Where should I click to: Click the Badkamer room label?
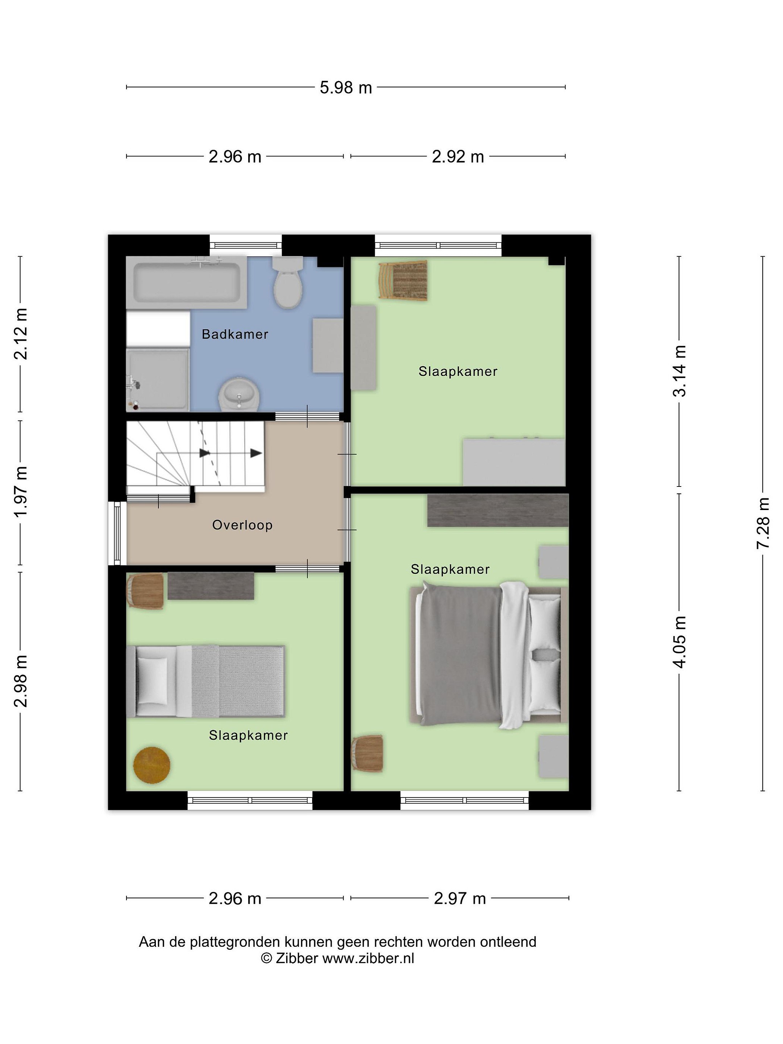[x=235, y=334]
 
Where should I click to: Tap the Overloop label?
[x=242, y=525]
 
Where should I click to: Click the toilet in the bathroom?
[x=288, y=282]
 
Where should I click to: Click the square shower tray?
[x=158, y=380]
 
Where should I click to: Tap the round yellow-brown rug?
[x=152, y=765]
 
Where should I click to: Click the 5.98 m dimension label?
[x=346, y=88]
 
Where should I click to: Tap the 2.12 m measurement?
[x=21, y=334]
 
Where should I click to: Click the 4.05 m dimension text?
[x=680, y=642]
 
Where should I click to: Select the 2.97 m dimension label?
[x=460, y=899]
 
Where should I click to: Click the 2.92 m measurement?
[x=458, y=157]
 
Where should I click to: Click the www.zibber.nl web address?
[x=368, y=958]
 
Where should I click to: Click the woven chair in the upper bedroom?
[x=403, y=281]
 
